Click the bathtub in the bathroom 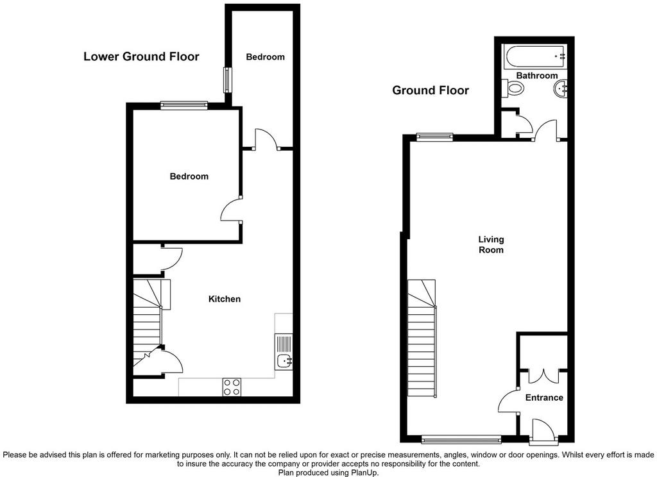pyautogui.click(x=536, y=56)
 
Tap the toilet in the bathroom pyautogui.click(x=514, y=88)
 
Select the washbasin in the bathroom pyautogui.click(x=560, y=88)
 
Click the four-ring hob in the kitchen pyautogui.click(x=232, y=387)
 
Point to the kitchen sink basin pyautogui.click(x=286, y=360)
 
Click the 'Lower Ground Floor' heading pyautogui.click(x=141, y=56)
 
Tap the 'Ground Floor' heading pyautogui.click(x=431, y=90)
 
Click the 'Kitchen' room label pyautogui.click(x=225, y=299)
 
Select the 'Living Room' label pyautogui.click(x=491, y=244)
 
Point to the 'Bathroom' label pyautogui.click(x=537, y=76)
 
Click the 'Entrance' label pyautogui.click(x=544, y=397)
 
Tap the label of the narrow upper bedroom pyautogui.click(x=265, y=57)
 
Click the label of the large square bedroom pyautogui.click(x=189, y=176)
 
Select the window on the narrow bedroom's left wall pyautogui.click(x=227, y=80)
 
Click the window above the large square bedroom pyautogui.click(x=184, y=105)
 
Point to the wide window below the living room pyautogui.click(x=461, y=439)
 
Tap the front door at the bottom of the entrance pyautogui.click(x=544, y=431)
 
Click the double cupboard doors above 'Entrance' pyautogui.click(x=543, y=376)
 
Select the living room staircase pyautogui.click(x=422, y=338)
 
